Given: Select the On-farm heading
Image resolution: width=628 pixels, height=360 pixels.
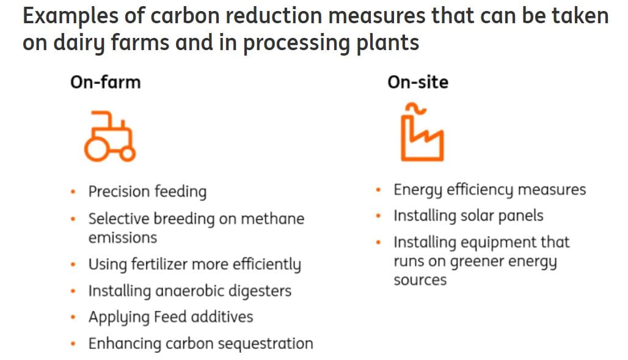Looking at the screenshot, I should [105, 82].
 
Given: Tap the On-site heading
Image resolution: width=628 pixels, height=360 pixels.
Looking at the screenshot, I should [418, 82].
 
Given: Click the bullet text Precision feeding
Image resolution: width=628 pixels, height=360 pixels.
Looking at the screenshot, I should [147, 192].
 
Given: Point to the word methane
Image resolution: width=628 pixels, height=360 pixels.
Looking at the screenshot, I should [273, 219].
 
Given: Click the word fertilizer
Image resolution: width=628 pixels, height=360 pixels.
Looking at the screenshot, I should [156, 265].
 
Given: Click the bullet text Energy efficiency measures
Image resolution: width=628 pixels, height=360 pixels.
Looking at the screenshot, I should [489, 190].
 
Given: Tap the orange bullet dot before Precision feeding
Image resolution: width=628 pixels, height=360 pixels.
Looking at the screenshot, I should [73, 192].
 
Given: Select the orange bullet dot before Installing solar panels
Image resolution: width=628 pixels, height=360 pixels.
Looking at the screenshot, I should [379, 216].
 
